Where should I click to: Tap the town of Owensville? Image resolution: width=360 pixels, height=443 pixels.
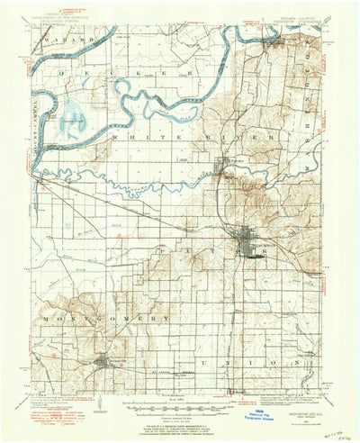click(x=100, y=362)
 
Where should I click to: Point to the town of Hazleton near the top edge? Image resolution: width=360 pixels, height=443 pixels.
click(x=272, y=39)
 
